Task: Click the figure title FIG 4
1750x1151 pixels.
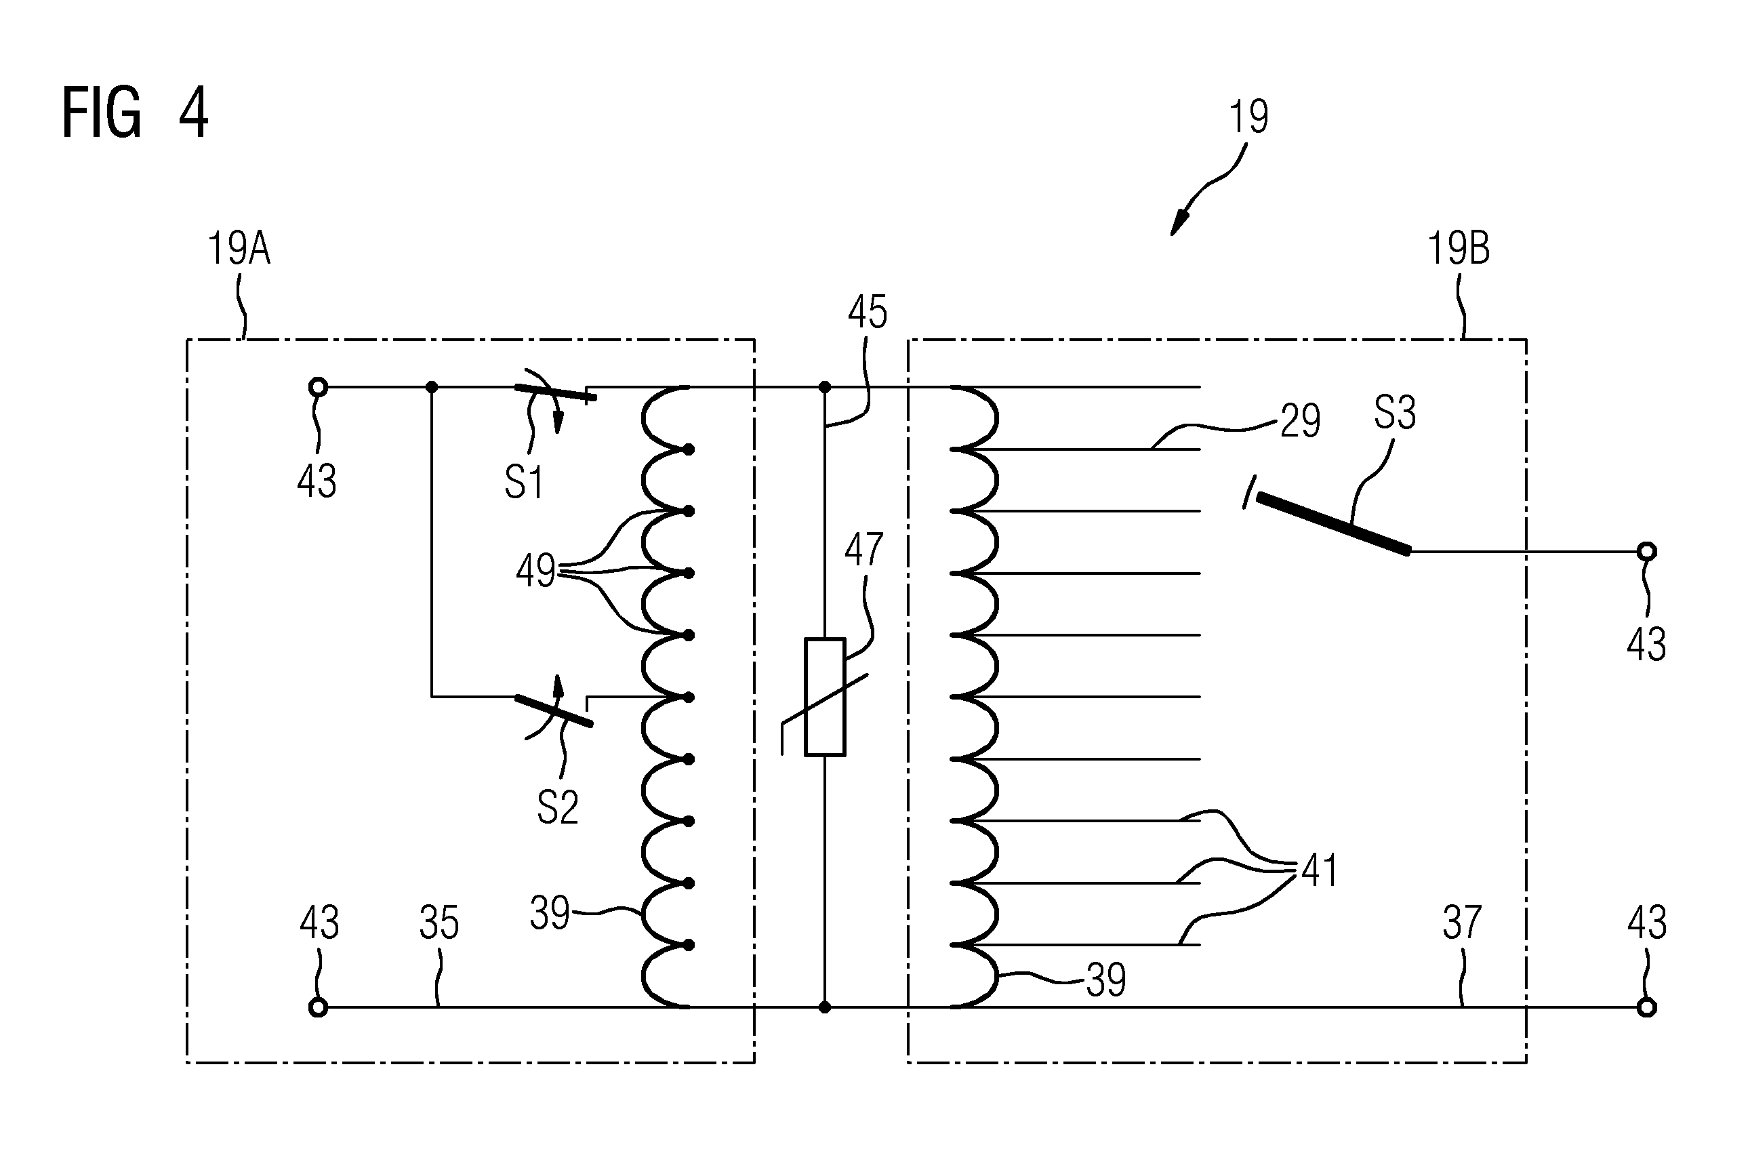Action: click(136, 113)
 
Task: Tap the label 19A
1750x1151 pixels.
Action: click(239, 249)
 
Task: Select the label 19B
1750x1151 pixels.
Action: click(1459, 249)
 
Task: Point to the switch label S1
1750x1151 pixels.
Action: click(523, 483)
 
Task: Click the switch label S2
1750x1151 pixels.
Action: click(557, 807)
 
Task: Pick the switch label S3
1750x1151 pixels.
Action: click(1395, 413)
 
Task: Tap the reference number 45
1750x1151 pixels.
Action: click(868, 312)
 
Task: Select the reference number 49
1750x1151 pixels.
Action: click(535, 571)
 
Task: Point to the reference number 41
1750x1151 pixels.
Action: click(1320, 871)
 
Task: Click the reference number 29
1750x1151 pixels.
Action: click(1301, 422)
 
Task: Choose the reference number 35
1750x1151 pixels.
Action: click(439, 923)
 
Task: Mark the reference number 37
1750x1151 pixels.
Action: click(1462, 923)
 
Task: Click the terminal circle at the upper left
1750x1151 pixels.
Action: click(318, 387)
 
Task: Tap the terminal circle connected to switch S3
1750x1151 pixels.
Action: click(1647, 552)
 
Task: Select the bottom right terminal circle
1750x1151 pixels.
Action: click(1647, 1007)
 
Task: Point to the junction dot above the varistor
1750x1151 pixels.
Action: click(825, 387)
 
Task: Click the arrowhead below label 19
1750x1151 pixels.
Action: click(1179, 223)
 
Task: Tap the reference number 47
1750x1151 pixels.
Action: click(864, 548)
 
